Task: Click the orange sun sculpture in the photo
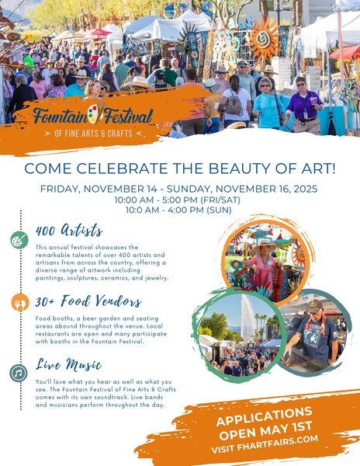(264, 40)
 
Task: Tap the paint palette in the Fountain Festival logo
(95, 113)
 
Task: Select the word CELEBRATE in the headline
(122, 169)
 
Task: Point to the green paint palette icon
(19, 240)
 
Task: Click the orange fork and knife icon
(20, 303)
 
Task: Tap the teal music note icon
(19, 373)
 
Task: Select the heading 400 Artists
(69, 231)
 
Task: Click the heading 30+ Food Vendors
(88, 301)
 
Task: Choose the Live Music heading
(68, 364)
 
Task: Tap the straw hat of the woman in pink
(264, 246)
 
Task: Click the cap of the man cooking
(314, 306)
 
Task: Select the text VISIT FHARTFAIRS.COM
(265, 443)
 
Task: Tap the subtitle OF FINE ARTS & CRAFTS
(93, 133)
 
